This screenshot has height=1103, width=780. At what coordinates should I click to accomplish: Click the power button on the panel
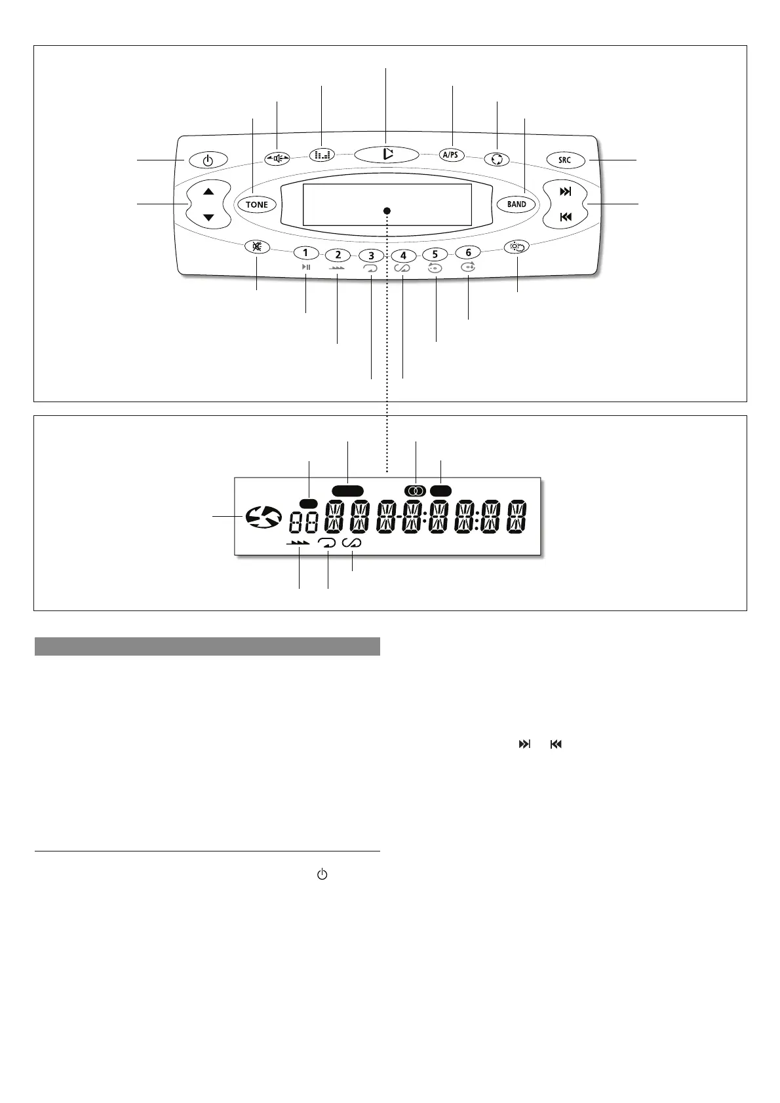[208, 159]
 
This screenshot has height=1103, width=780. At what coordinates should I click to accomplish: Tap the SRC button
[564, 159]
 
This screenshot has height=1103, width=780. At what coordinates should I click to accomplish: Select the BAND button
[517, 204]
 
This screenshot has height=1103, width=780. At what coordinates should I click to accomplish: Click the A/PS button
[451, 155]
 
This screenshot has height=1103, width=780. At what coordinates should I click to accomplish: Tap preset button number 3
[371, 256]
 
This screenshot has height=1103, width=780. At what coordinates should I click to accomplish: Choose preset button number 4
[404, 256]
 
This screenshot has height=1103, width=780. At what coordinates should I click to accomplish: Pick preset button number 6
[468, 253]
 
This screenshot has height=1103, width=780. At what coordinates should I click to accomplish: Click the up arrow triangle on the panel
[208, 192]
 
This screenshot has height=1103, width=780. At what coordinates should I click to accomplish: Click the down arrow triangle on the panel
[208, 217]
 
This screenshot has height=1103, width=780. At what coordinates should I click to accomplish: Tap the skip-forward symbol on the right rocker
[565, 192]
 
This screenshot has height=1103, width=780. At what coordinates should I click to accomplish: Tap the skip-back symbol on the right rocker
[565, 217]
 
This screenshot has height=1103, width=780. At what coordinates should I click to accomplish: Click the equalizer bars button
[322, 155]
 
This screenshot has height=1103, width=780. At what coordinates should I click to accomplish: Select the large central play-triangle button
[387, 155]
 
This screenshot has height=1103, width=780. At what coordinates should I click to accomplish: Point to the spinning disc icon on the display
[263, 517]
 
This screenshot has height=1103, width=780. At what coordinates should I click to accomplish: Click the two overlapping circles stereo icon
[416, 491]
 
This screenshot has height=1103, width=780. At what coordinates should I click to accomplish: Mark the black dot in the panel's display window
[387, 210]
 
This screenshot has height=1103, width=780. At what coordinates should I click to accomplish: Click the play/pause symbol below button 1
[306, 267]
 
